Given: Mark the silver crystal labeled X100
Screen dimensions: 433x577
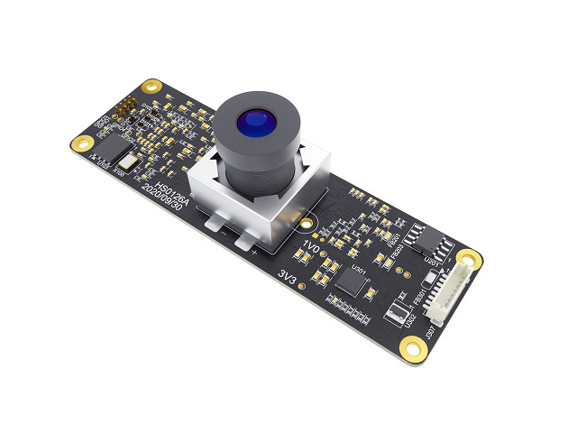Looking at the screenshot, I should point(129,165).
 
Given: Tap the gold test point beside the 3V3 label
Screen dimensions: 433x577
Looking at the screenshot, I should point(302,286).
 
